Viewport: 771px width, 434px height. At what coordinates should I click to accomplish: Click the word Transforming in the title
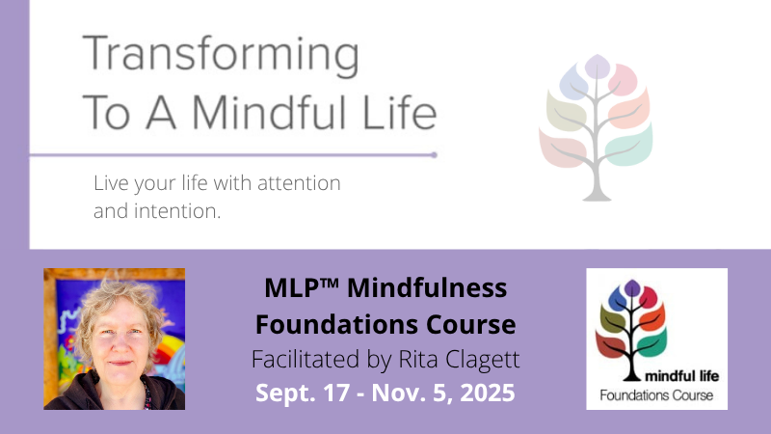coord(221,55)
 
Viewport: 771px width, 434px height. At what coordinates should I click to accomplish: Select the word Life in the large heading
coord(399,112)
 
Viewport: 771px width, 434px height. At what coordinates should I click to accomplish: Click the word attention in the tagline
coord(299,183)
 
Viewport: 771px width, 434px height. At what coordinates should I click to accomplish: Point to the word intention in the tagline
coord(177,211)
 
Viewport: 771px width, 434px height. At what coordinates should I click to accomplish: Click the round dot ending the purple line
coord(435,155)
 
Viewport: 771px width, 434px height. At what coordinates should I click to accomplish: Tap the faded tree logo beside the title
coord(596,128)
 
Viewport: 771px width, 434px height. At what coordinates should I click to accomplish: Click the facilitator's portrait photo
coord(114,339)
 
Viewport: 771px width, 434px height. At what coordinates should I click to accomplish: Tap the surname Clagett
coord(483,360)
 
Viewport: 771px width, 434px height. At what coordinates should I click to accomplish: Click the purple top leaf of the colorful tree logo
coord(632,287)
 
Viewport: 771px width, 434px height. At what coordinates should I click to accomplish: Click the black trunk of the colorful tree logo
coord(632,362)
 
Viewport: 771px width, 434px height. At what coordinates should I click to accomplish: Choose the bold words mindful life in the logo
coord(681,376)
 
